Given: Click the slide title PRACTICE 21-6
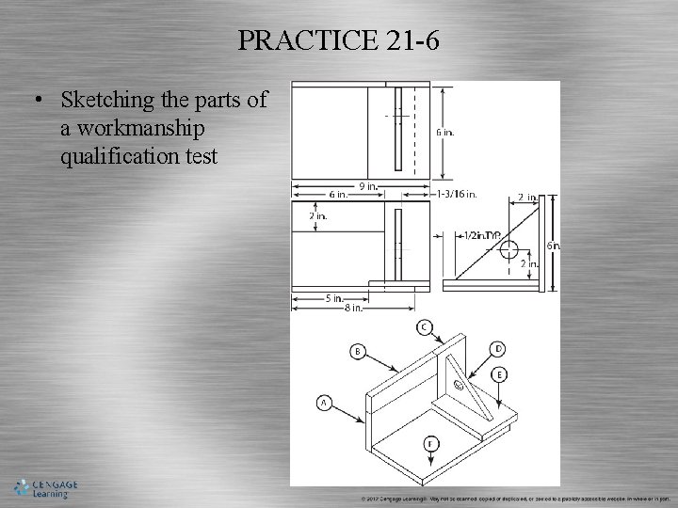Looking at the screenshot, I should coord(338,40).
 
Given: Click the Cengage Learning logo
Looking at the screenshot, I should coord(45,488).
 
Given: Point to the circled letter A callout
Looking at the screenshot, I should coord(324,403).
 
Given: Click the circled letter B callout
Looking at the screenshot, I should coord(358,351).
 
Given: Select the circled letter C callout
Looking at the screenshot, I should coord(426,326).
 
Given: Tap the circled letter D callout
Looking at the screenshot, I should coord(497,349).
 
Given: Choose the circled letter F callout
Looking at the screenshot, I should coord(430,443).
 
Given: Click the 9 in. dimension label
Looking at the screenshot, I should coord(368,186).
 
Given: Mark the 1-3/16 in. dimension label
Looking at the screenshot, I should coord(458,195).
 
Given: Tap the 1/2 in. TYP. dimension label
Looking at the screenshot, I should coord(480,235).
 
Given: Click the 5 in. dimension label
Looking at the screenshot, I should coord(333,299).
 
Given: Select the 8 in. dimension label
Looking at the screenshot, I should coord(353,307).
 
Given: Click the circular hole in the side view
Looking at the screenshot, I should coord(508,249).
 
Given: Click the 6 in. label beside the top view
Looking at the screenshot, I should coord(444,133).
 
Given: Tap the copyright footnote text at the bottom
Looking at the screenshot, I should coord(514,499).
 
